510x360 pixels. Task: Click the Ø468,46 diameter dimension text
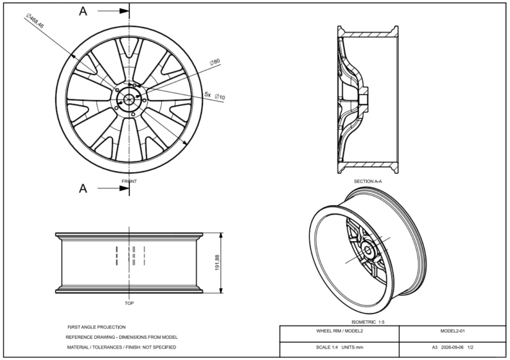click(x=35, y=20)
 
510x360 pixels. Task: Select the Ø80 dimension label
click(x=215, y=62)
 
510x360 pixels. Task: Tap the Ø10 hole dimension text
click(x=220, y=97)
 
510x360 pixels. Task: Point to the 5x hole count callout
click(x=207, y=94)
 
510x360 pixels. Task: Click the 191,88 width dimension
click(x=217, y=262)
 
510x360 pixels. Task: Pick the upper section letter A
click(x=83, y=11)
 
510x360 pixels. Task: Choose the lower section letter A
click(x=83, y=189)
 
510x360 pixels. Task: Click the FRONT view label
click(x=129, y=181)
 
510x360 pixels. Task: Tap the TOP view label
click(x=129, y=303)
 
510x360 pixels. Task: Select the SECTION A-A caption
click(x=368, y=181)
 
